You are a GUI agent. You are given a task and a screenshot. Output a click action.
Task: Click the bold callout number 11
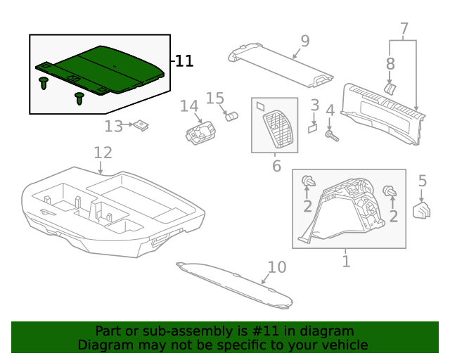tap(184, 62)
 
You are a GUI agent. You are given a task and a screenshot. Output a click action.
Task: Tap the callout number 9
tap(304, 41)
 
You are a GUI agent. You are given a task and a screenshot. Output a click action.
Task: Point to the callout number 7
tap(404, 30)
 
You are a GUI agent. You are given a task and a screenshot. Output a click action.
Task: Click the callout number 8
tap(390, 64)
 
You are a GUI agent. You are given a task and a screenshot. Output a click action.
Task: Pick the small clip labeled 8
tap(392, 89)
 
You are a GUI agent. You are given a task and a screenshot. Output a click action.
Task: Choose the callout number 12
tap(103, 153)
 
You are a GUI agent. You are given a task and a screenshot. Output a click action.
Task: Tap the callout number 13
tap(113, 127)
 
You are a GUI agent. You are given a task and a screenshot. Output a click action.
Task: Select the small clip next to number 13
tap(143, 126)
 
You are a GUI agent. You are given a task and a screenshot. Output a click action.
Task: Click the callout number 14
tap(189, 106)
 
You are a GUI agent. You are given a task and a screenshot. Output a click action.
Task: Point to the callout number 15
tap(214, 98)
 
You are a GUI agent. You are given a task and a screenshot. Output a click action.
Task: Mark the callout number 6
tap(276, 166)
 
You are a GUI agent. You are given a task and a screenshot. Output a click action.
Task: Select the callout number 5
tap(422, 181)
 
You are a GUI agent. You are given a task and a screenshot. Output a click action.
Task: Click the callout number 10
tap(277, 267)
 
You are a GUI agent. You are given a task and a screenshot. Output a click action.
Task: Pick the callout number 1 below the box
tap(346, 262)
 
